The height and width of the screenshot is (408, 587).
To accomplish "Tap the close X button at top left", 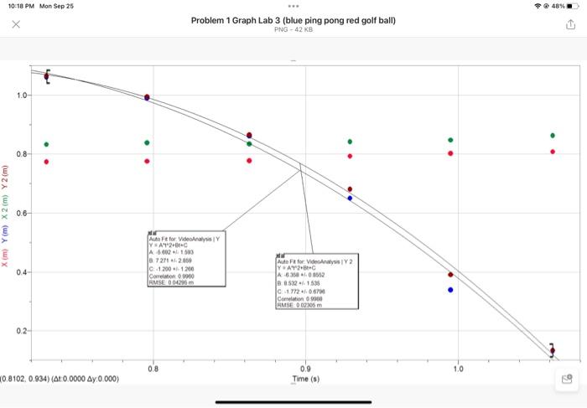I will [16, 25].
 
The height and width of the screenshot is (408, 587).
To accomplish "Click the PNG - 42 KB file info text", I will [293, 30].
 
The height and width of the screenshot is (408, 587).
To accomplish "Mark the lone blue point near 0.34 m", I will [450, 290].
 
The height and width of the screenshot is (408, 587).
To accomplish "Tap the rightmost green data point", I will [553, 135].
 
